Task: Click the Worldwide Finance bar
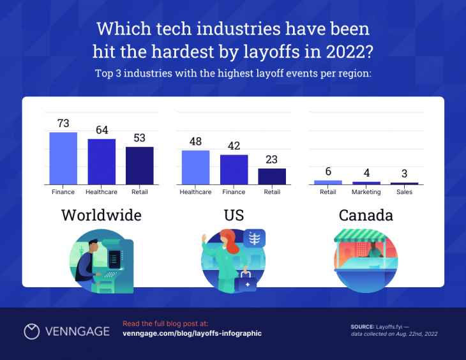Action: click(x=63, y=158)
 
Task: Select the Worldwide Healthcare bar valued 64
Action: click(x=101, y=161)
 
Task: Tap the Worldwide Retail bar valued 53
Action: click(x=139, y=165)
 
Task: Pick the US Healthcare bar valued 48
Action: click(x=195, y=167)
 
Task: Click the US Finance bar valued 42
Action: click(x=234, y=169)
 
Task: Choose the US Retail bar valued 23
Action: click(x=272, y=176)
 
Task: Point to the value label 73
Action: click(x=63, y=123)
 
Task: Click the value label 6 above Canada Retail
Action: click(x=328, y=171)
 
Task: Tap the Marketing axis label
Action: click(x=366, y=192)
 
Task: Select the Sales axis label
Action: click(x=404, y=192)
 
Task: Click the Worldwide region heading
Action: click(x=101, y=215)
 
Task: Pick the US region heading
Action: click(x=234, y=215)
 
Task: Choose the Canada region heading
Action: click(x=366, y=215)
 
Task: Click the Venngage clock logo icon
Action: click(x=32, y=331)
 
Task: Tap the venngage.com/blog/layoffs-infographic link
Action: click(x=192, y=333)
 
